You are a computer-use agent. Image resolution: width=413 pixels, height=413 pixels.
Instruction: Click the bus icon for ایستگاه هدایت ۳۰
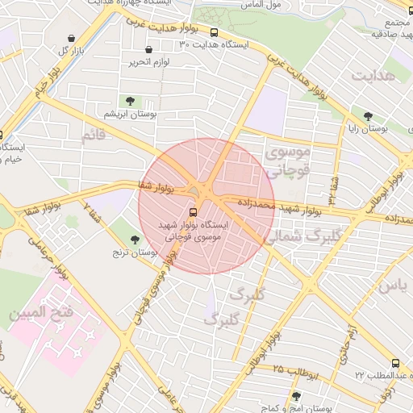point(214,33)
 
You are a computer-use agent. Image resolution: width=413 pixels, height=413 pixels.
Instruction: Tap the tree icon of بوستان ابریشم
point(130,101)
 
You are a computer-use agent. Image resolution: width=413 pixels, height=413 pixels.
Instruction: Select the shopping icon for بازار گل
point(72,39)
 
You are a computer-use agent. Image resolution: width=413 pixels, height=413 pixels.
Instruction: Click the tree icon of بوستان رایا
point(369,116)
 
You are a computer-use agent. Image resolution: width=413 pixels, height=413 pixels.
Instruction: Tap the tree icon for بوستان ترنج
point(135,239)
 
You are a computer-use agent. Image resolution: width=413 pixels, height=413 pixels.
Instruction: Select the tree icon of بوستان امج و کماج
point(297,396)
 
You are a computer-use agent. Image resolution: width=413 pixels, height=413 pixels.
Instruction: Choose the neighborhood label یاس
point(393,286)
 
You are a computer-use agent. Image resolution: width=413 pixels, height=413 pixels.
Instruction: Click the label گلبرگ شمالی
point(297,236)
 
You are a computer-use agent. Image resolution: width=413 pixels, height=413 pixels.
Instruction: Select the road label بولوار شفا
point(158,188)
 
